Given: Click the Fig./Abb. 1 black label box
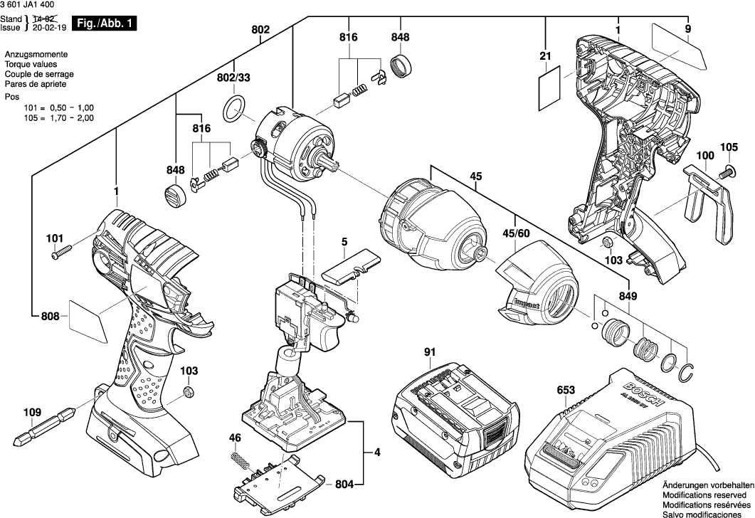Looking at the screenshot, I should [x=105, y=23].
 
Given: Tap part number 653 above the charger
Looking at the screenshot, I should [x=566, y=390].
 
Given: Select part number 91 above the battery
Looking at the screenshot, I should [x=430, y=351].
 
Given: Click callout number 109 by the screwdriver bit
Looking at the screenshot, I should [x=32, y=411].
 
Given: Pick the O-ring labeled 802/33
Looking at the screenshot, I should [x=234, y=110].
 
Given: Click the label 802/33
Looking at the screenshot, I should [x=234, y=77].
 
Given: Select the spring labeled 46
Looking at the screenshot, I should [x=241, y=461].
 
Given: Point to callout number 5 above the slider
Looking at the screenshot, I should [x=344, y=243].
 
